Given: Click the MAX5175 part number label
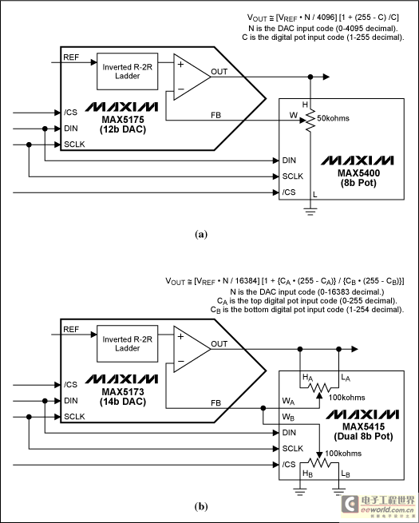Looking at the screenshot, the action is pos(123,120).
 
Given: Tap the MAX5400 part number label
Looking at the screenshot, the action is pos(358,173).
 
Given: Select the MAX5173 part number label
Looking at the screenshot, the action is pos(123,391).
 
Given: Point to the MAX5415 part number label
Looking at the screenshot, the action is pos(363,426).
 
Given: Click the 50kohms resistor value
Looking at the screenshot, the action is pos(333,118).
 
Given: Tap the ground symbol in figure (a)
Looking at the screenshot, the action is pos(310,212).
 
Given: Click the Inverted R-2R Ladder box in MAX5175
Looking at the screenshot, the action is pos(128,71).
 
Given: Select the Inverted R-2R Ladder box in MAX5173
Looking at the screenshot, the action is pos(128,343).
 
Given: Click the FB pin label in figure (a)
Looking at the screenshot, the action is pos(216,115).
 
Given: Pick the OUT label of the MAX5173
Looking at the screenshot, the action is pos(219,344).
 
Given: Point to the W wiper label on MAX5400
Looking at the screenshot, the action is pos(294,115).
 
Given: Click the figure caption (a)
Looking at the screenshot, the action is pos(201,234).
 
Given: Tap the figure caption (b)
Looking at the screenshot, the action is pos(201,507).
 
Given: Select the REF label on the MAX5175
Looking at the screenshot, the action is pos(71,57).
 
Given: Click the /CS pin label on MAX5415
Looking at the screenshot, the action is pos(289,464).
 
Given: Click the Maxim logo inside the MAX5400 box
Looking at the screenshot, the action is pos(357,160).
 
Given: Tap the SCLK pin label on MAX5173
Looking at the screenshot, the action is pos(74,417).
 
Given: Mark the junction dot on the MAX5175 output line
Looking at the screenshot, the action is pos(310,77).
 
